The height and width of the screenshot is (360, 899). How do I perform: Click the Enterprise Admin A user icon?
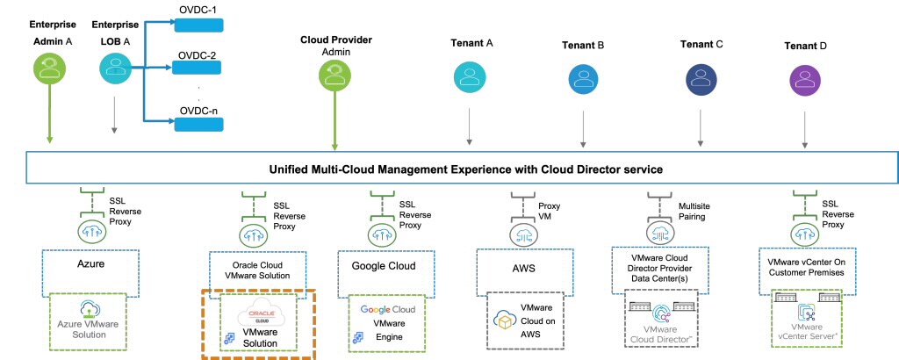48,68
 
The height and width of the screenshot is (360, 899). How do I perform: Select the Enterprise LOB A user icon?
114,68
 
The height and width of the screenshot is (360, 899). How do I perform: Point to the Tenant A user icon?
469,76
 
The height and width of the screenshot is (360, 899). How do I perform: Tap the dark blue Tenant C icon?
700,77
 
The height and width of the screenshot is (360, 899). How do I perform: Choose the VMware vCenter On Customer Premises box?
806,264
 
